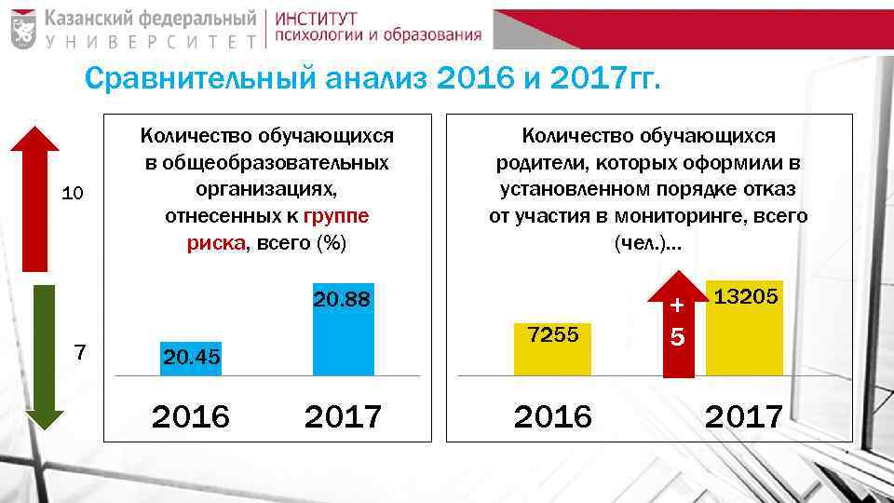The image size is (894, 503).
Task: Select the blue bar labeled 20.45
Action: click(x=191, y=359)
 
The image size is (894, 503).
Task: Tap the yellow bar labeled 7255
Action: click(x=553, y=350)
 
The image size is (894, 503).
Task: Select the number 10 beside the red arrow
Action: click(x=72, y=194)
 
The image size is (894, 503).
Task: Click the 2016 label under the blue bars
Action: click(x=190, y=416)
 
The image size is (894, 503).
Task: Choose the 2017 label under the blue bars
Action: click(x=343, y=416)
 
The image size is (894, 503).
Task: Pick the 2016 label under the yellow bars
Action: click(x=553, y=416)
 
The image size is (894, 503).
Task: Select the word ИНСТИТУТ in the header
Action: click(x=317, y=18)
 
